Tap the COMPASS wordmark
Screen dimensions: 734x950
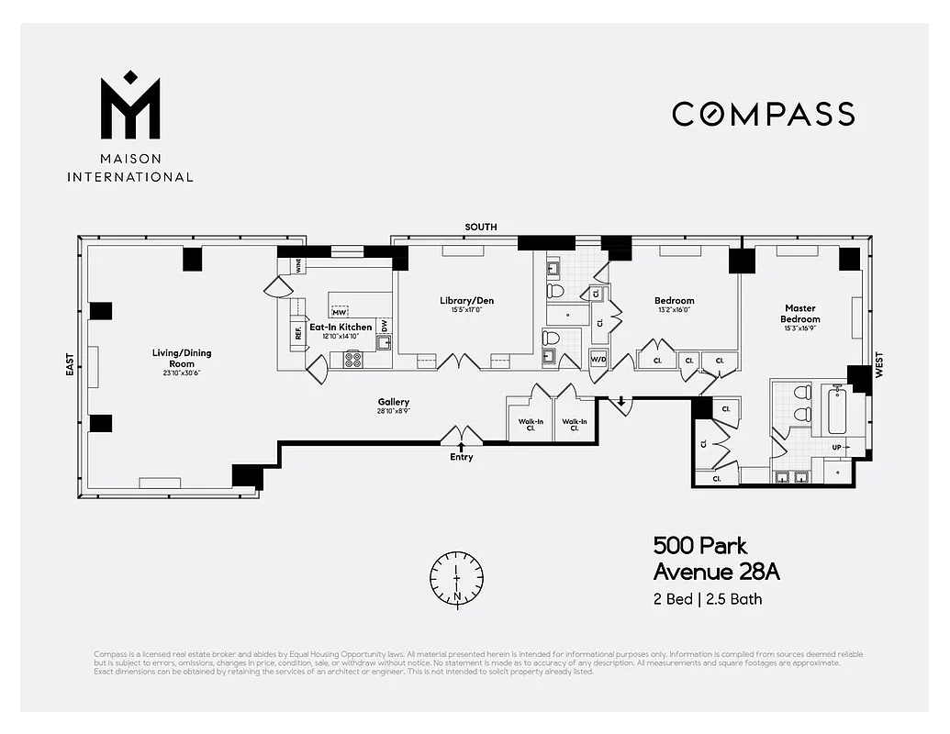point(763,114)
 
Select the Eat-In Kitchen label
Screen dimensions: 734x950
point(341,327)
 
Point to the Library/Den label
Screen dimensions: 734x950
point(466,300)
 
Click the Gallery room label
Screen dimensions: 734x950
point(393,402)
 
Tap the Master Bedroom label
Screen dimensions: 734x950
point(800,314)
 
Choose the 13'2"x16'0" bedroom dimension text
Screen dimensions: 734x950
point(674,310)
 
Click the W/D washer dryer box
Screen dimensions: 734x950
point(598,358)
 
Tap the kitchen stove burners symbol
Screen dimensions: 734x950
point(353,359)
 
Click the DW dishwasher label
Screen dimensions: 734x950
point(384,325)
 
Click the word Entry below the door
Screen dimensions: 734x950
point(462,457)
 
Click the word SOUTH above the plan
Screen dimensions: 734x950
point(480,227)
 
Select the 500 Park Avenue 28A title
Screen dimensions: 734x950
point(716,558)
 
